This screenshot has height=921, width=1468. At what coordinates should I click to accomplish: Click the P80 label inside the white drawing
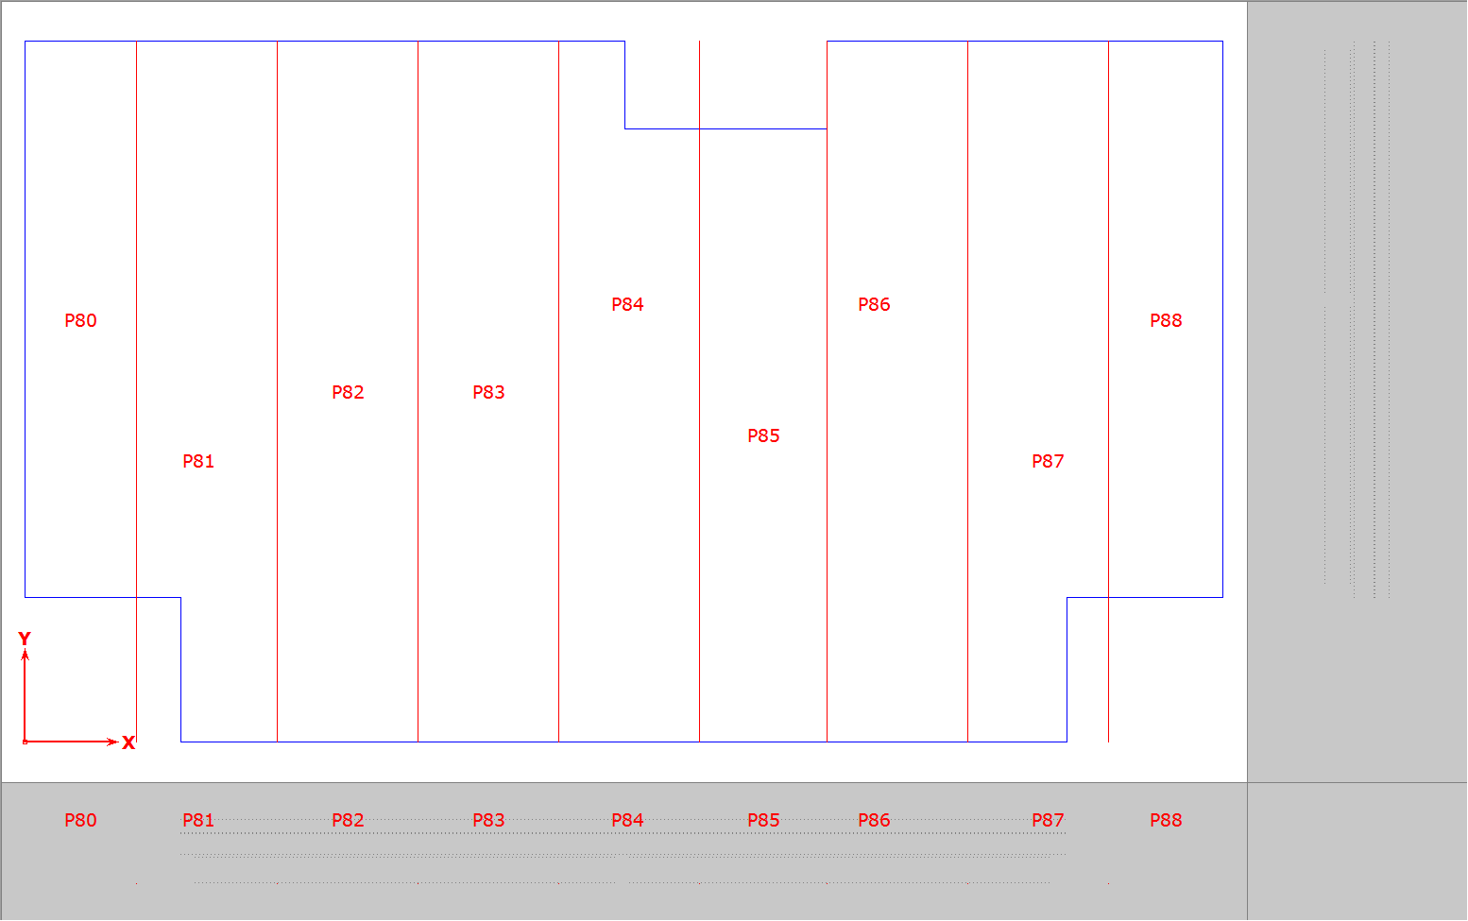point(80,320)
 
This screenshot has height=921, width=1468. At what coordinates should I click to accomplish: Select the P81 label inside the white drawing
point(198,462)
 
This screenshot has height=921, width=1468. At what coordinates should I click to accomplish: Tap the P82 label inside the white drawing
point(348,392)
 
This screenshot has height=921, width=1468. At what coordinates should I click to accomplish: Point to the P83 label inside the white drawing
point(489,392)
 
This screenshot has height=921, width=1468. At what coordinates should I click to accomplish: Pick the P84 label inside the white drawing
point(627,304)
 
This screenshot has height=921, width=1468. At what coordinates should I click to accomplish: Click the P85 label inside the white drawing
point(763,435)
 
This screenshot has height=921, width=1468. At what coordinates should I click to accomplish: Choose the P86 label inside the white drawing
point(874,304)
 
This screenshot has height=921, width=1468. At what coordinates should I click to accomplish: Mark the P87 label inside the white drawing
point(1048,462)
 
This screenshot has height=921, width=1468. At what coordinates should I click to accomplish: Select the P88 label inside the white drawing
point(1166,320)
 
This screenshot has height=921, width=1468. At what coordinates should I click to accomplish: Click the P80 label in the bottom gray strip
point(80,820)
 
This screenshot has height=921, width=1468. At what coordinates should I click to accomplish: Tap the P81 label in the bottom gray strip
point(198,820)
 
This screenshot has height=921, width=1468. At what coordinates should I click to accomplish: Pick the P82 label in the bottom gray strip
point(348,820)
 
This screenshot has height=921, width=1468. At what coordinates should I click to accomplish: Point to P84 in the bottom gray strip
point(627,820)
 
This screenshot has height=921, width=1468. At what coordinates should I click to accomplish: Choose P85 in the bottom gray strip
point(763,820)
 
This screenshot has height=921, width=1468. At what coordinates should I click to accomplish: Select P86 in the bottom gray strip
point(874,820)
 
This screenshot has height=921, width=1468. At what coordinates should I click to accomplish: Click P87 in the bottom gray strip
point(1048,820)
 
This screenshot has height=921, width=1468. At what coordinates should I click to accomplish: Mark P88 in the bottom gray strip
point(1166,820)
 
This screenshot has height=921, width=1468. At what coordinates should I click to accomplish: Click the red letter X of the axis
point(128,742)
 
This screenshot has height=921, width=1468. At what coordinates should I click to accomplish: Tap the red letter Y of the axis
point(25,639)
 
